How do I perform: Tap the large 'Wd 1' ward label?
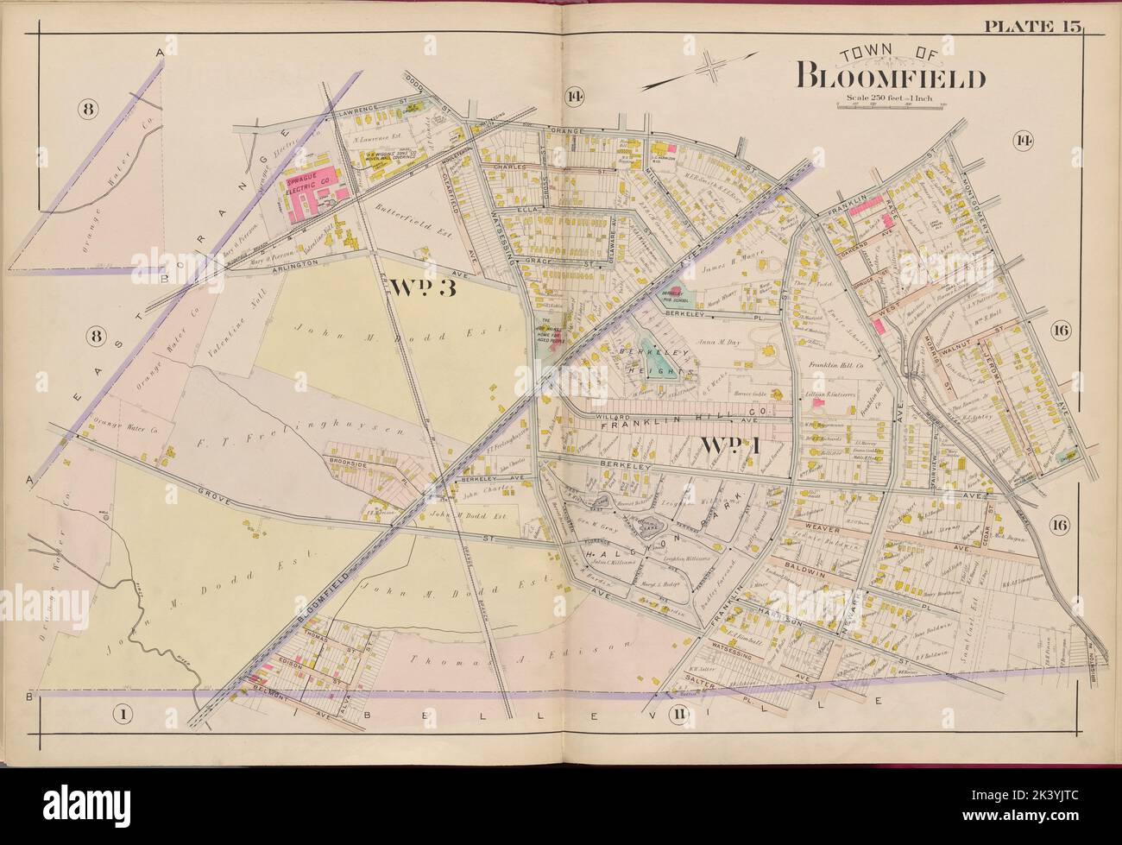click(727, 446)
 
